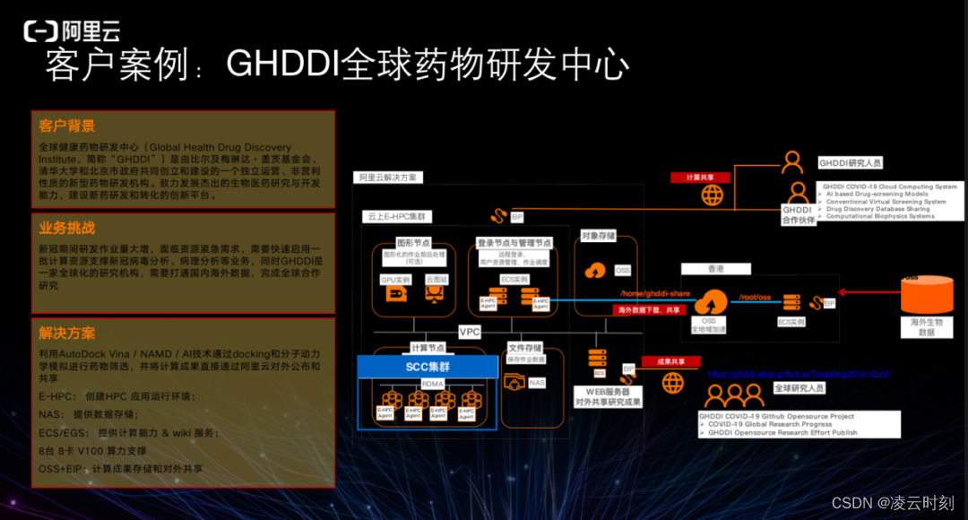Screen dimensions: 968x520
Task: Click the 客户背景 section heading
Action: coord(67,126)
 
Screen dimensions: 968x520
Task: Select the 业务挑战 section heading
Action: coord(67,228)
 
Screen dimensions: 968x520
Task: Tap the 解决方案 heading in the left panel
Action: coord(67,333)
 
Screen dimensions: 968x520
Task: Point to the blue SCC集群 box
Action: coord(428,367)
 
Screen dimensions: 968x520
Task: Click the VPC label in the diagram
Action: coord(470,331)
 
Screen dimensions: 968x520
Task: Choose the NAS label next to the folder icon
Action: coord(536,383)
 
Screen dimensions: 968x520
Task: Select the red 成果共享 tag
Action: coord(672,362)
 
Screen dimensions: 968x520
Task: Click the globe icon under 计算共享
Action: coord(713,195)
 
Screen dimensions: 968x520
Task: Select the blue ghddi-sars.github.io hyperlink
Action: coord(798,375)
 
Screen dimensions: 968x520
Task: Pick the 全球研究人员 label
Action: coord(799,387)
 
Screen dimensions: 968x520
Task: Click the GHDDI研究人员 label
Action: coord(851,163)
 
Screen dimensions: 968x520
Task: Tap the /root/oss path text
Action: coord(754,297)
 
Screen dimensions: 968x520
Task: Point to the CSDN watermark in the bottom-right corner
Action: coord(892,503)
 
